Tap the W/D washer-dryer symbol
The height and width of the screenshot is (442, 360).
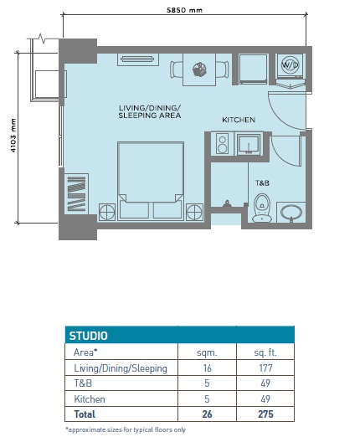coord(291,65)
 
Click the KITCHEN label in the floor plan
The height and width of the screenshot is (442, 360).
coord(238,121)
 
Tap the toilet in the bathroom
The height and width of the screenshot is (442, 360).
coord(262,208)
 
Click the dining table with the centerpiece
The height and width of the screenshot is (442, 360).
coord(199,69)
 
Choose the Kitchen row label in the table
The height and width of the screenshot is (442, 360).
coord(90,399)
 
